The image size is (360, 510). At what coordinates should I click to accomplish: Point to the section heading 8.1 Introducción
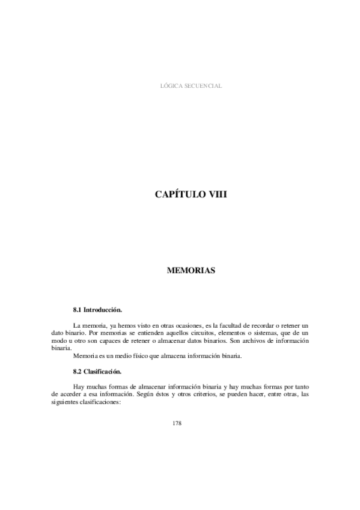97,310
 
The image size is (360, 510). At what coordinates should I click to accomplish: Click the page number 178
177,423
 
